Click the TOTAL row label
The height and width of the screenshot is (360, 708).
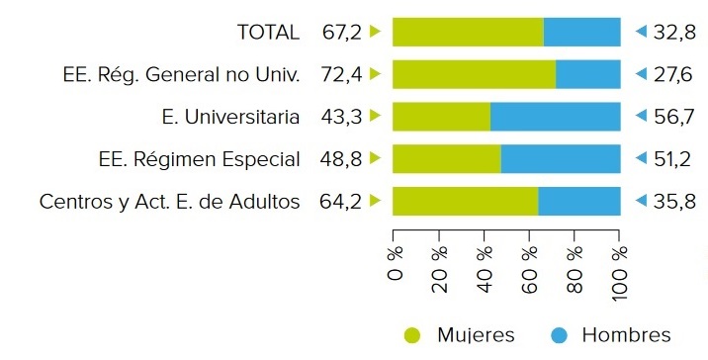click(x=268, y=32)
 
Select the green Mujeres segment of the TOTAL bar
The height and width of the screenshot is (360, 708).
click(x=468, y=32)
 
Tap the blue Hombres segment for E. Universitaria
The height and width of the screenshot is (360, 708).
click(x=555, y=117)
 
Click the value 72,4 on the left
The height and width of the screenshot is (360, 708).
click(x=341, y=74)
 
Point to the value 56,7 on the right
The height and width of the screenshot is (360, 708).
click(x=675, y=117)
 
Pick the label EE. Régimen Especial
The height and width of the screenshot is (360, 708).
click(x=200, y=159)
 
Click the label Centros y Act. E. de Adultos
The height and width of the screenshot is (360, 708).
click(x=169, y=202)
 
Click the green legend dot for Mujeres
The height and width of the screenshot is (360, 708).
click(x=412, y=334)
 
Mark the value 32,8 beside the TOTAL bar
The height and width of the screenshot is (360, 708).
click(x=675, y=32)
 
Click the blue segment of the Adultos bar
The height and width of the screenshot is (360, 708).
click(x=579, y=202)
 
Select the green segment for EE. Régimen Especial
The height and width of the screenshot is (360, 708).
click(x=447, y=159)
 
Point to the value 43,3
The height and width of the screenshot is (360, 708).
click(x=341, y=117)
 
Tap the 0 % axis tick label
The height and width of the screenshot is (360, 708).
click(x=397, y=267)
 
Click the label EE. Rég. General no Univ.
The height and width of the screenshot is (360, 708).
click(x=180, y=74)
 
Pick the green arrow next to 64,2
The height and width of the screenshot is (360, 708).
click(x=375, y=201)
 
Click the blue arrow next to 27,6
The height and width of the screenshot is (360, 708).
click(x=640, y=74)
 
